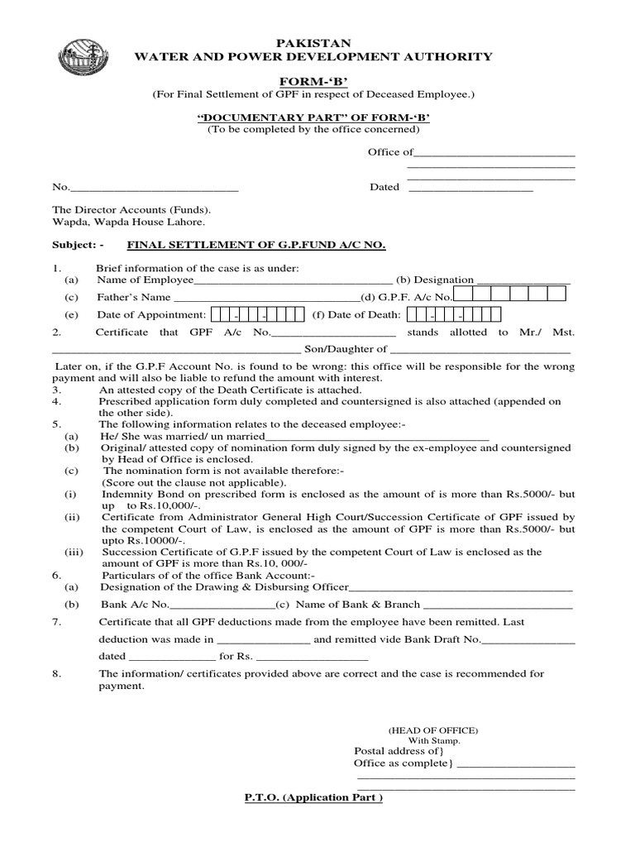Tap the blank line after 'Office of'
pyautogui.click(x=494, y=153)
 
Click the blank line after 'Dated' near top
pyautogui.click(x=471, y=189)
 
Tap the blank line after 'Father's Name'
pyautogui.click(x=265, y=298)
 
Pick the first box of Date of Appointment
pyautogui.click(x=217, y=314)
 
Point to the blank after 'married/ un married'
pyautogui.click(x=380, y=438)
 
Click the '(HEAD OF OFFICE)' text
pyautogui.click(x=432, y=730)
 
